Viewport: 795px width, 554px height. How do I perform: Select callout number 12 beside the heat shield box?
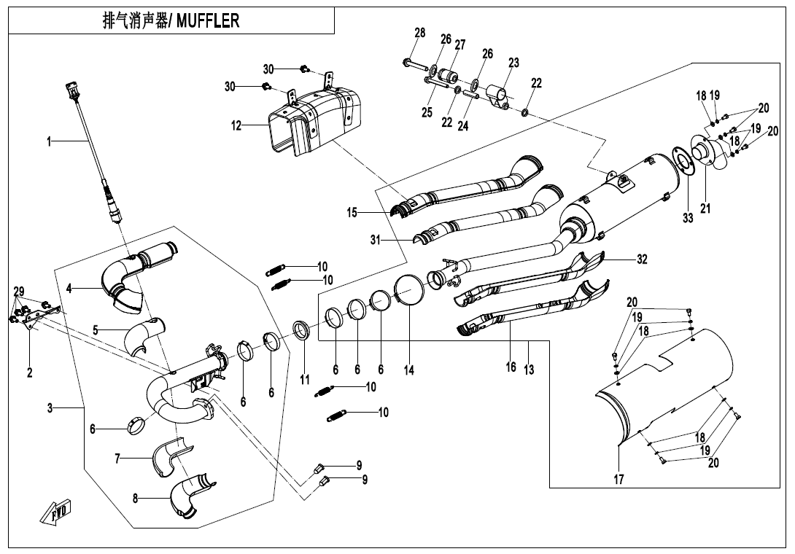click(236, 125)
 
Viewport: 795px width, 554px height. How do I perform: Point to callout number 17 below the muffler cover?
click(618, 480)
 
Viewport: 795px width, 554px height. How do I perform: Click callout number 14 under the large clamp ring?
click(409, 370)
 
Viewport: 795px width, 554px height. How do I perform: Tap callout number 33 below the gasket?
click(688, 219)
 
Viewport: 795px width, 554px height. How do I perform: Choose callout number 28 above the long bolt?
click(419, 33)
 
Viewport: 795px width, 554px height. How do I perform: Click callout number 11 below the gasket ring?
click(305, 379)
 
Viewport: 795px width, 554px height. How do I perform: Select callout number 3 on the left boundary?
click(50, 408)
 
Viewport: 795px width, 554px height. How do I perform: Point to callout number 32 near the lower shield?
click(641, 259)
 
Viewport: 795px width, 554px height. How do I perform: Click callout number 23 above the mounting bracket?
click(513, 63)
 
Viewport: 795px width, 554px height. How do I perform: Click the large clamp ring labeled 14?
click(409, 291)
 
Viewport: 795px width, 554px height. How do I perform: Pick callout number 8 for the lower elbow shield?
click(136, 499)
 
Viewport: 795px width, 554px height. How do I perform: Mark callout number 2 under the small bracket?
click(30, 372)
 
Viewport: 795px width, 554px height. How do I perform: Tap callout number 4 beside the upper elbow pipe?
click(69, 288)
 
